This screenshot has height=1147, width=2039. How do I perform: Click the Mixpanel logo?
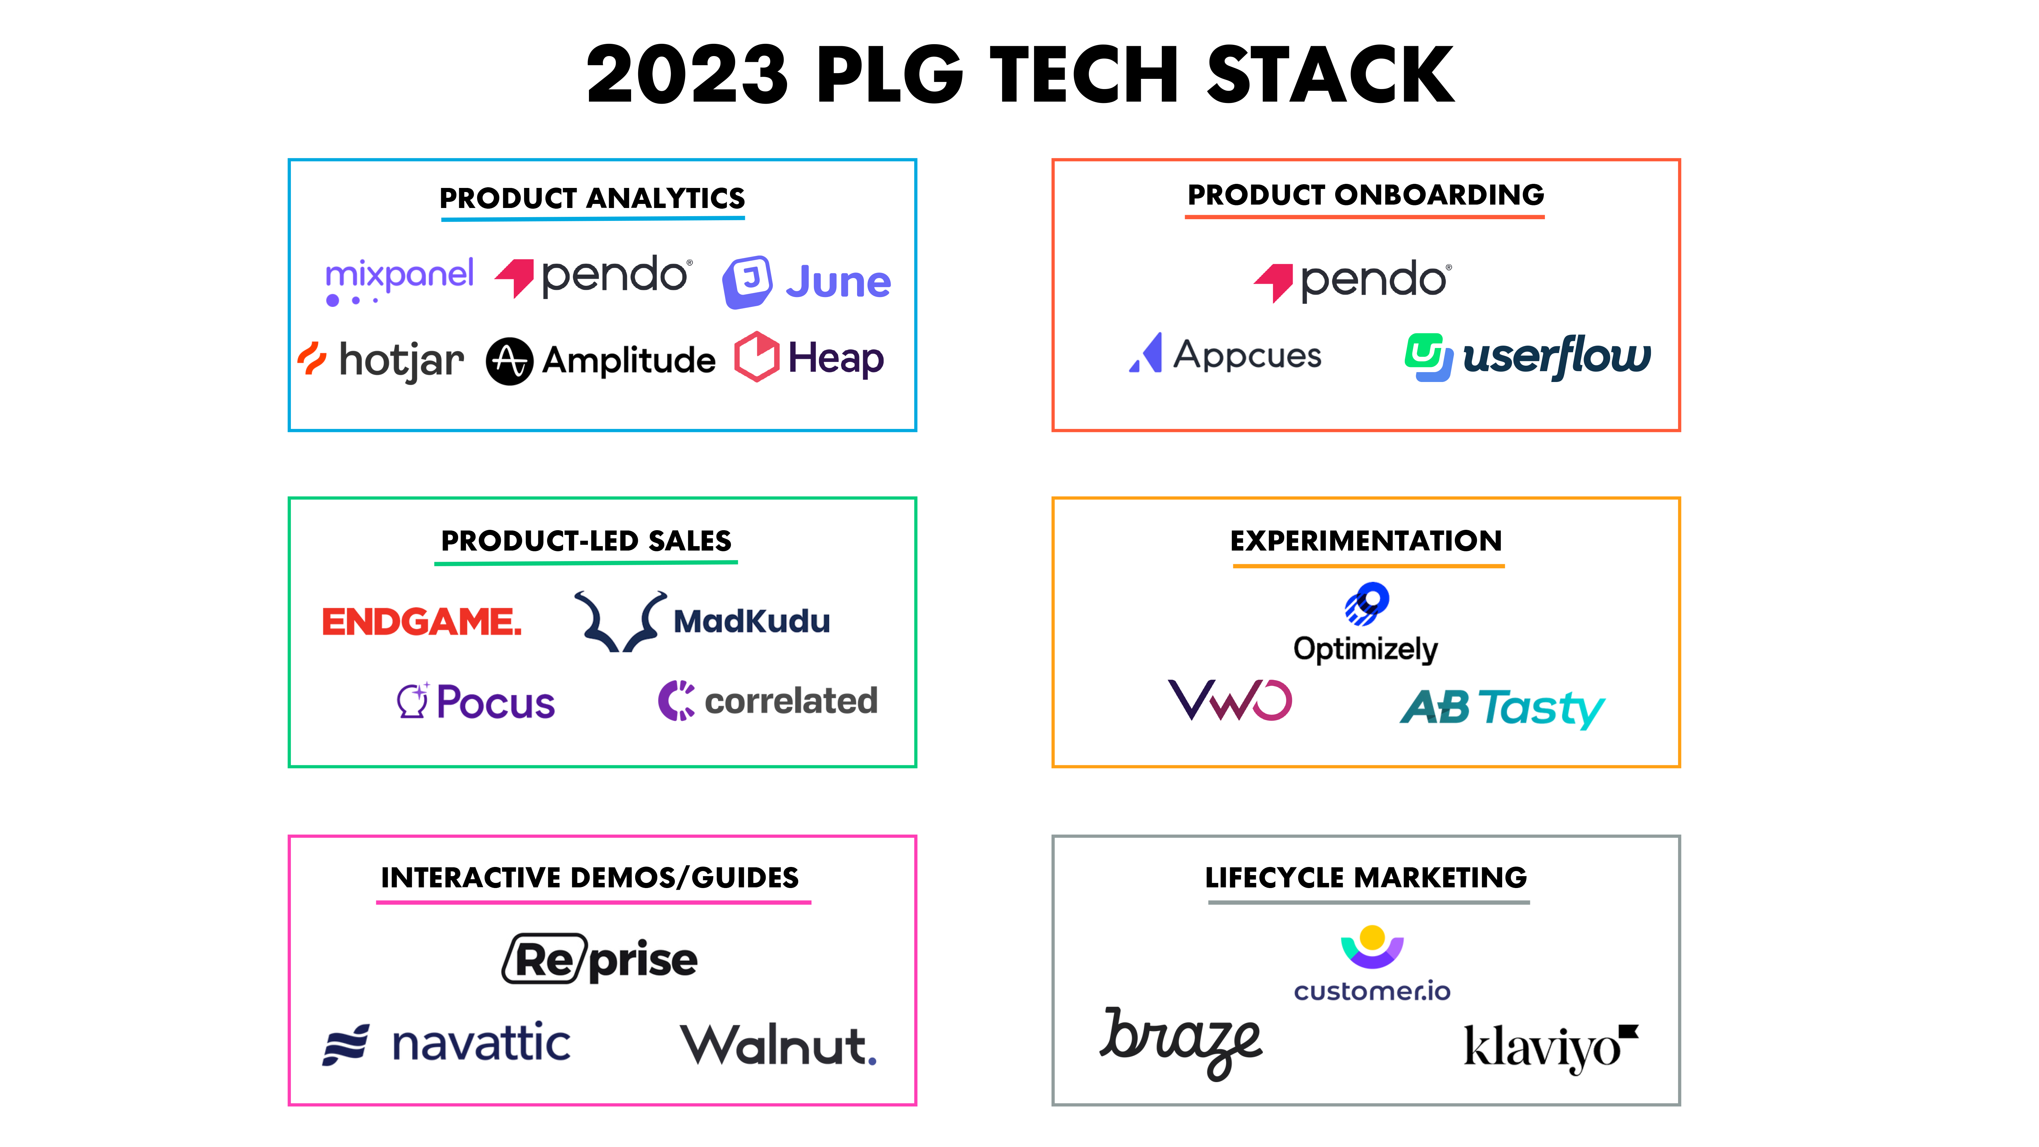(400, 281)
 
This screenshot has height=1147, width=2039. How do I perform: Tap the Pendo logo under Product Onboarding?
(1353, 281)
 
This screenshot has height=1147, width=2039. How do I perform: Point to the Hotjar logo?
(381, 360)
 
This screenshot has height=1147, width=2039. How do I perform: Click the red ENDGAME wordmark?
(422, 622)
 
